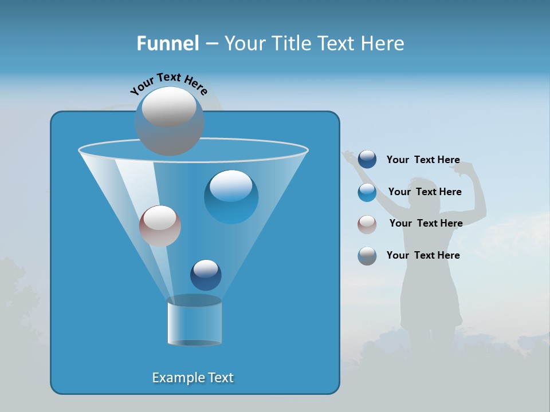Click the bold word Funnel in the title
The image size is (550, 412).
[x=167, y=43]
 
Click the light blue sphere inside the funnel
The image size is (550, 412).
[x=231, y=197]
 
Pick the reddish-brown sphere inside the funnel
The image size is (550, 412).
[x=160, y=226]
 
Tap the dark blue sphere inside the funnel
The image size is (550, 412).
[x=206, y=275]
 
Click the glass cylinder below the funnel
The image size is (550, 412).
[x=194, y=322]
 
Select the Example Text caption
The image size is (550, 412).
[x=193, y=378]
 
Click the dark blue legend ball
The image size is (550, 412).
[x=367, y=160]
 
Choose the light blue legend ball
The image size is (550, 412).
[x=367, y=192]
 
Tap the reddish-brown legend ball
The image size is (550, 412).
[x=367, y=224]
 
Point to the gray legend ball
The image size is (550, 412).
[x=367, y=256]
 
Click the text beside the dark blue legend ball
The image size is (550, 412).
[x=423, y=160]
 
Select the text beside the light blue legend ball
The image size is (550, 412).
[x=425, y=192]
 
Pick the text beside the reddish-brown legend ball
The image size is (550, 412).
[x=426, y=223]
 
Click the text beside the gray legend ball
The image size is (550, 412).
[x=423, y=255]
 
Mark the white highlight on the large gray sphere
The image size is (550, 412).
[x=169, y=107]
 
